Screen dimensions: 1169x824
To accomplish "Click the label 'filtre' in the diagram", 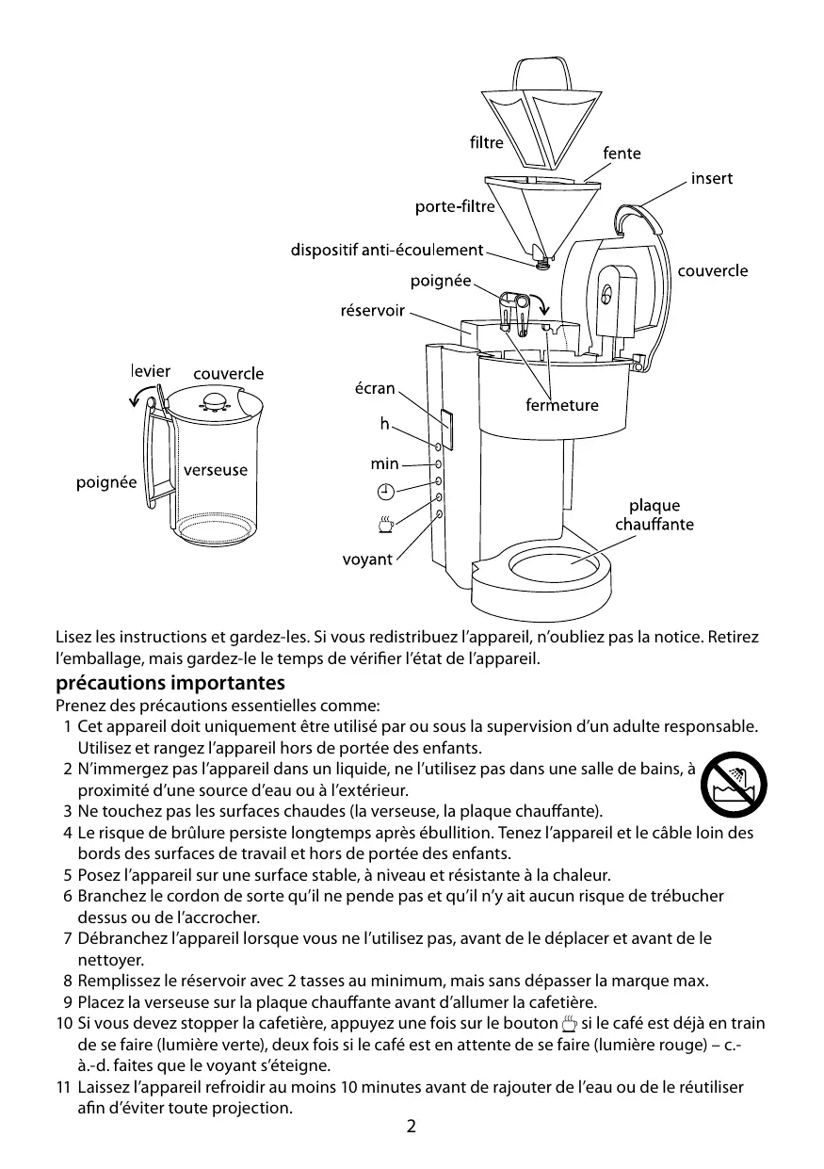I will pos(486,143).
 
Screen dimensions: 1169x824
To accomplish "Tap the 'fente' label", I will pos(621,153).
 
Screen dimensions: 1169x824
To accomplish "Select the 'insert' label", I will pos(711,178).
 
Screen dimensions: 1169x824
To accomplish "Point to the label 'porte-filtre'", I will pos(455,206).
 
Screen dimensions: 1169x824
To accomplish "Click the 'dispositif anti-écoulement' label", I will pos(386,250).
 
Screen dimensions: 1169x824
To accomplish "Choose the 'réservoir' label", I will pos(372,310).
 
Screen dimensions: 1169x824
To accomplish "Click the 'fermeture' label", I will pos(561,405).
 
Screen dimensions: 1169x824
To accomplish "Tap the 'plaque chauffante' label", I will pos(654,515).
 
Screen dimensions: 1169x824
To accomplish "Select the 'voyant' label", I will pos(366,560).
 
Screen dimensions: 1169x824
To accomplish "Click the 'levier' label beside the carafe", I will pos(151,371).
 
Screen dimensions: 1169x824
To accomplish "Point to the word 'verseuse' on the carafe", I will pos(215,469).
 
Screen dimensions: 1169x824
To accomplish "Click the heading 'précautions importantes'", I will pos(170,682).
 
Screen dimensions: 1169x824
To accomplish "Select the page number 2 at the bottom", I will pos(412,1127).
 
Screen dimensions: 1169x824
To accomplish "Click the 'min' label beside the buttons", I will pos(384,463).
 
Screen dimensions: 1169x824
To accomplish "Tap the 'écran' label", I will pos(374,388).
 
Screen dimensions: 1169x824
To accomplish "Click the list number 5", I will pos(68,874).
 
